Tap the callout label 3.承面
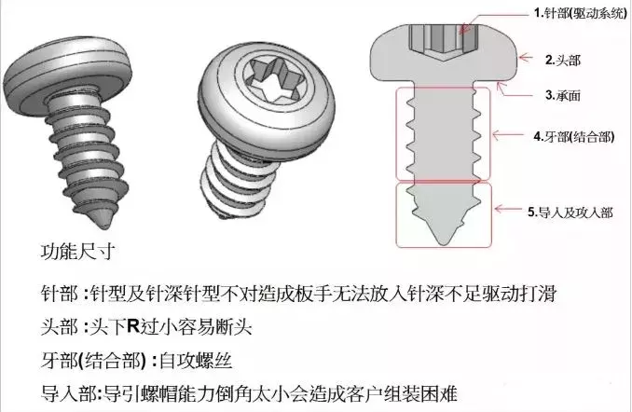(x=561, y=95)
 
